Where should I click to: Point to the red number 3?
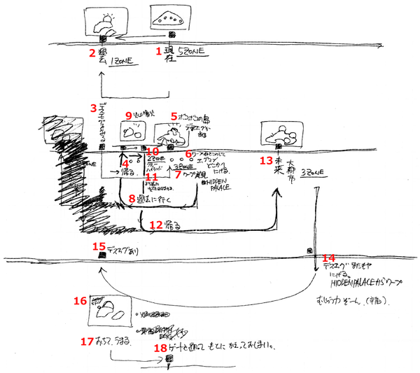93,108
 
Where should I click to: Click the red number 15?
99,246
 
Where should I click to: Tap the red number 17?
87,342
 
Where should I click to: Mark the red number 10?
153,151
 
